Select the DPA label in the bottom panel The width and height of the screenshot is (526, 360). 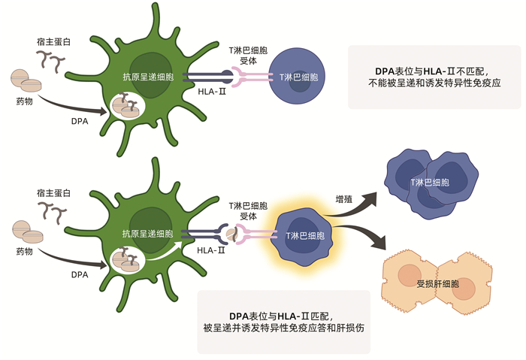click(x=80, y=274)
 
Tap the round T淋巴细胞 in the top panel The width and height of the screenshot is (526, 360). click(x=298, y=77)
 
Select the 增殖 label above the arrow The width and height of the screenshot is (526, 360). click(x=344, y=200)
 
